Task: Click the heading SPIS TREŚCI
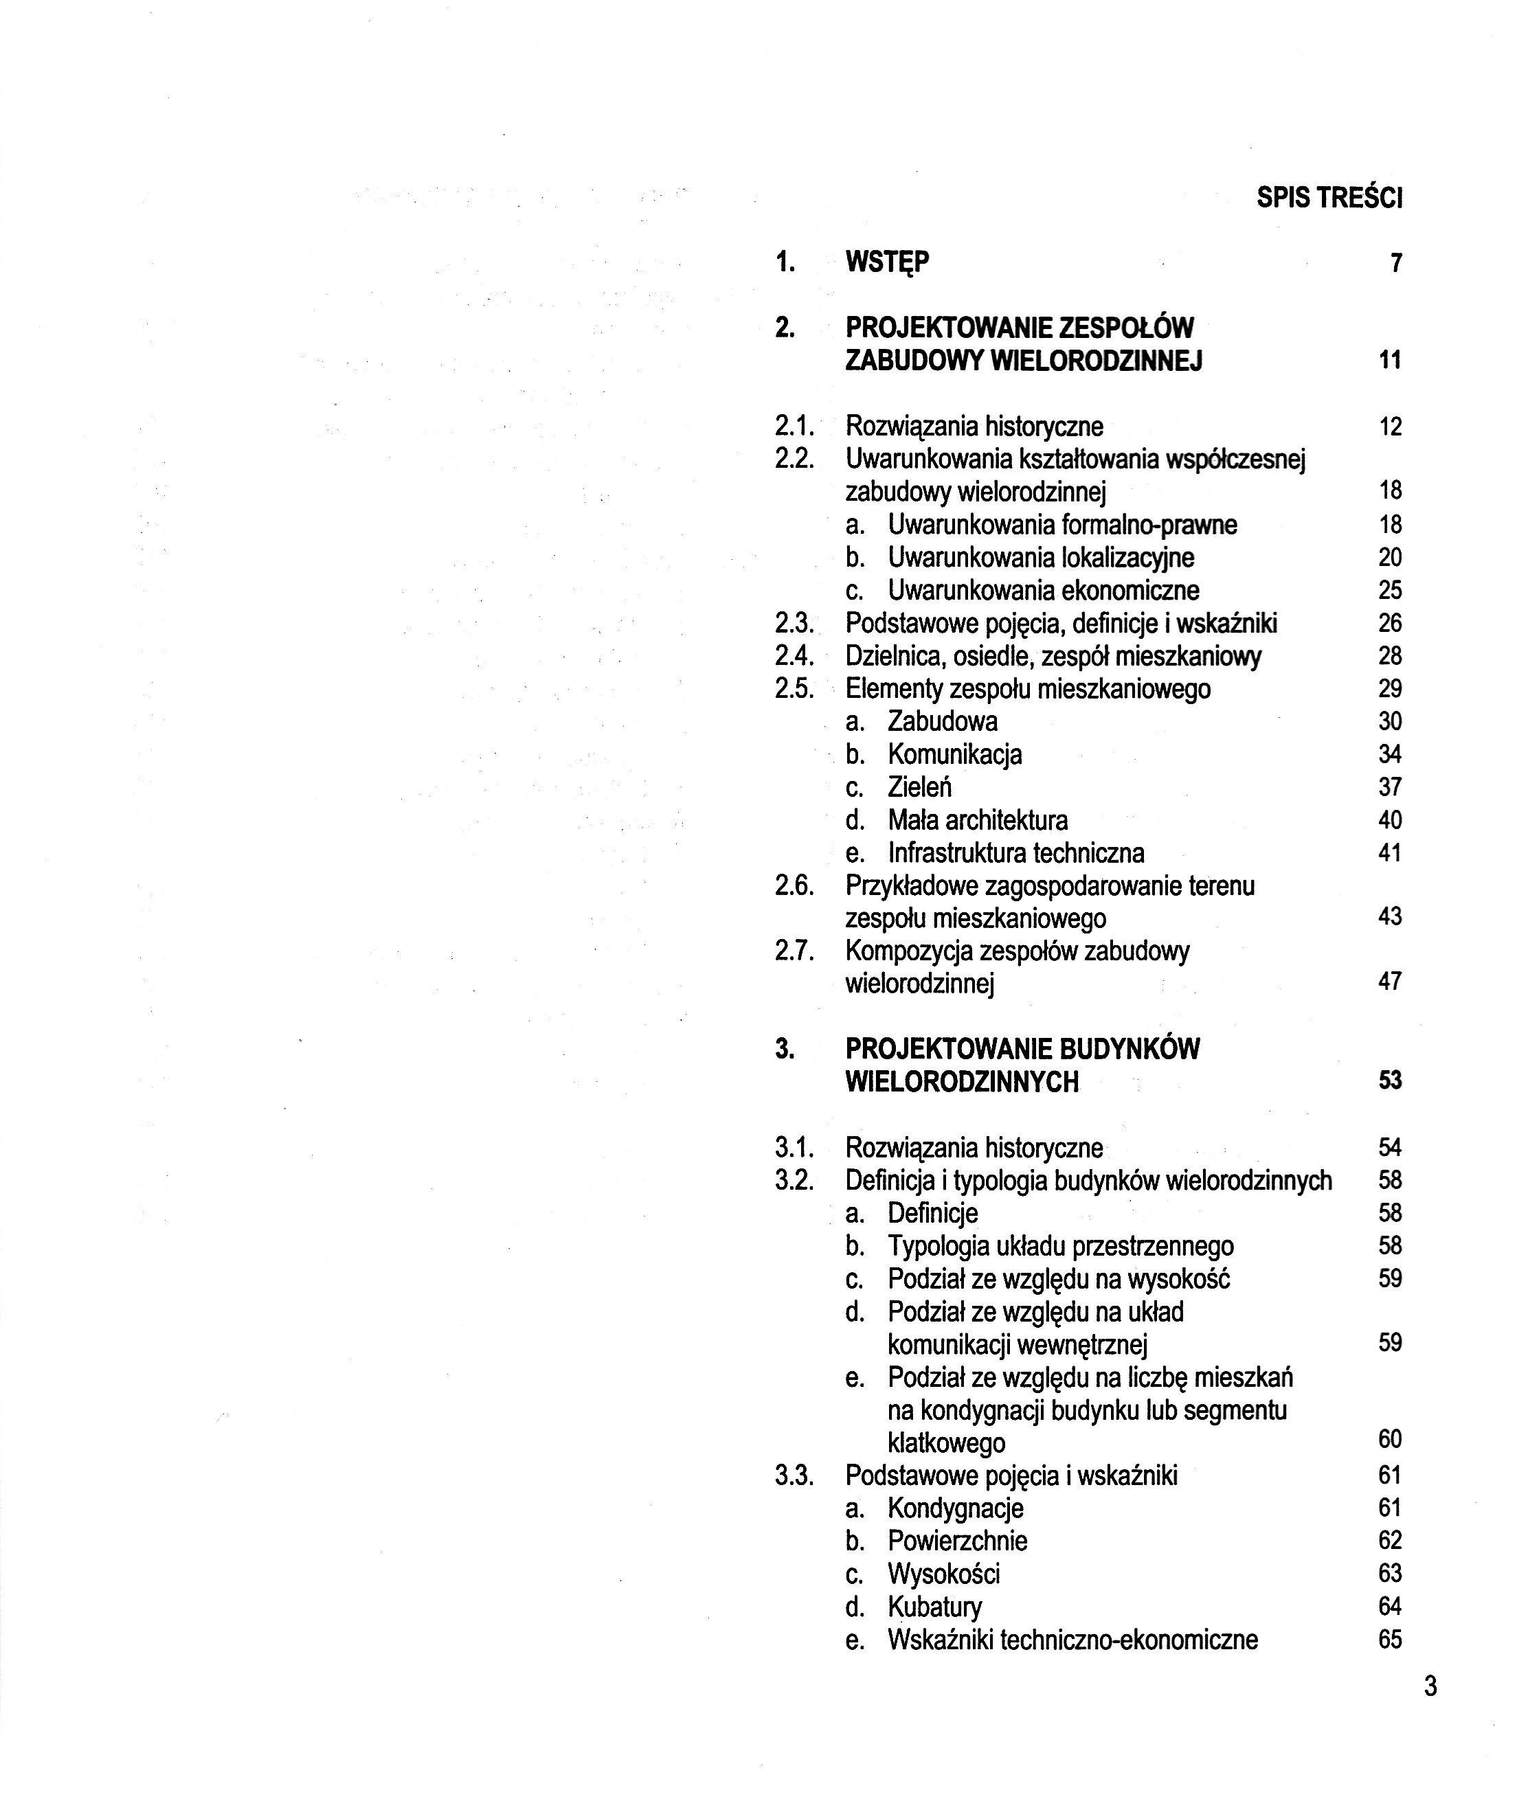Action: (1329, 199)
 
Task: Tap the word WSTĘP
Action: (887, 262)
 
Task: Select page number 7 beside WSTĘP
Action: (1395, 262)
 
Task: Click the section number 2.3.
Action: (794, 624)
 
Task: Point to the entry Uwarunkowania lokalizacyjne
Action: (1040, 558)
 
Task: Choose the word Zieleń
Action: (919, 787)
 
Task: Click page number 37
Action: (1389, 787)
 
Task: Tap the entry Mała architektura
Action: (977, 820)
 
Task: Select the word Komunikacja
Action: (954, 754)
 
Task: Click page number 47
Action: (1389, 982)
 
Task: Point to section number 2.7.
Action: (794, 951)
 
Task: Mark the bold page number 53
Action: (1389, 1081)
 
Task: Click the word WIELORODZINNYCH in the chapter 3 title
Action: (961, 1083)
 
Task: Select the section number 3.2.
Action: (794, 1181)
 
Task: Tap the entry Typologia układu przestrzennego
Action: (1060, 1247)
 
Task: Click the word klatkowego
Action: (946, 1444)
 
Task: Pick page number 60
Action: (1389, 1440)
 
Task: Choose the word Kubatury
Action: (934, 1607)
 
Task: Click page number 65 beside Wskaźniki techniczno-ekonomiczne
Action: (1389, 1640)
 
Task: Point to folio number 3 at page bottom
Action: (1430, 1687)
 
